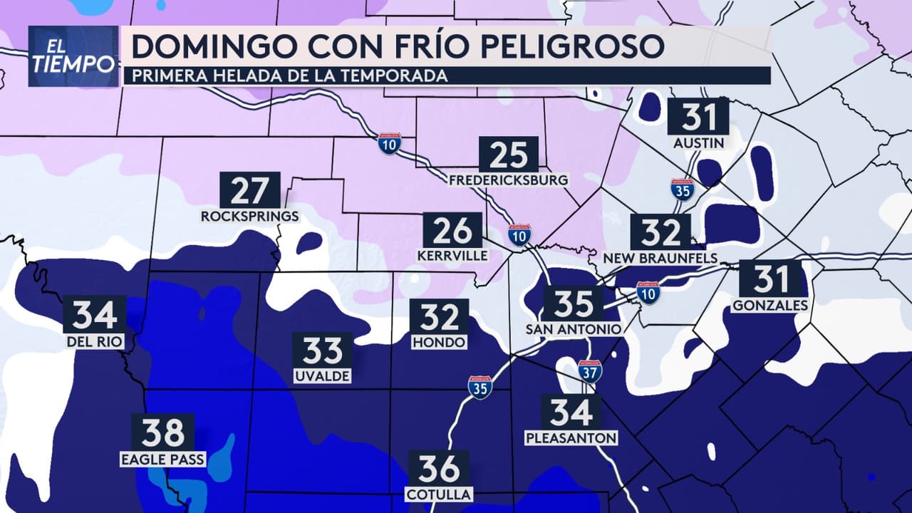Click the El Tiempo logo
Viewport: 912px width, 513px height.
click(x=73, y=56)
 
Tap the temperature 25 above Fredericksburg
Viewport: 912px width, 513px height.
click(x=508, y=155)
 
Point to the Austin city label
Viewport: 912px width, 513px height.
click(x=699, y=143)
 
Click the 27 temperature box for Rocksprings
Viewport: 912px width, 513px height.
click(x=249, y=190)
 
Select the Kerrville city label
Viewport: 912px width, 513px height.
click(x=453, y=255)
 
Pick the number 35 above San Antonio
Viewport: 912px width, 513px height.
click(x=573, y=304)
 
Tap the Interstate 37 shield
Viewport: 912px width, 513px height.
click(x=590, y=371)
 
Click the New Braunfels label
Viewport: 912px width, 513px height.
click(x=660, y=257)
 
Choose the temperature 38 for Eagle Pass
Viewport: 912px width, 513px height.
click(x=162, y=432)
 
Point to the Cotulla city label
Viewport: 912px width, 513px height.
click(x=439, y=494)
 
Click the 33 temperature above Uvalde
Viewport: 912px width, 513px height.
click(x=323, y=351)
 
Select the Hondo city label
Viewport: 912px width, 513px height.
click(x=439, y=343)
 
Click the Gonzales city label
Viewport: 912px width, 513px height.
click(x=769, y=306)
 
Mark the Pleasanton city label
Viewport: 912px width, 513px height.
click(x=571, y=437)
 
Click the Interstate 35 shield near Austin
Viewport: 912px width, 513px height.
click(x=683, y=190)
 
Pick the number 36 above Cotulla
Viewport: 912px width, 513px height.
click(x=439, y=469)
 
